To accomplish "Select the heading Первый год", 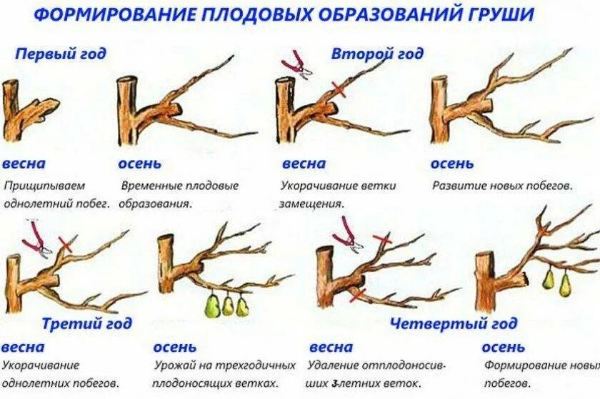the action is pos(61,54).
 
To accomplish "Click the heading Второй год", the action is pos(377,54).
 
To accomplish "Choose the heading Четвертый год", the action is pos(441,323).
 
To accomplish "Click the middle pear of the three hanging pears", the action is pos(228,305).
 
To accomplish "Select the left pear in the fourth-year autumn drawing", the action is pos(548,278).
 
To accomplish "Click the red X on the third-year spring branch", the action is pos(66,244).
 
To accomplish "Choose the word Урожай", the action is pos(175,365).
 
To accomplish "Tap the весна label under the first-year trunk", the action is pos(24,163).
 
